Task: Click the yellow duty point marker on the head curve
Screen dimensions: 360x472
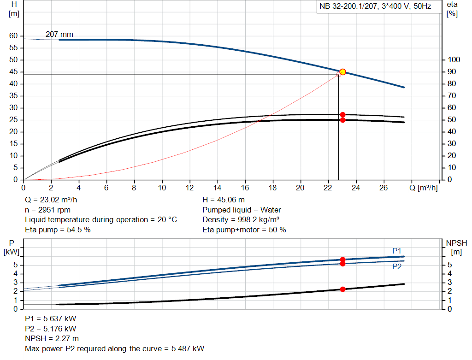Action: [x=342, y=72]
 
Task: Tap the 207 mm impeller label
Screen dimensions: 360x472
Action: [x=59, y=34]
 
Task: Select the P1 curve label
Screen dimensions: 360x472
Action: [x=397, y=250]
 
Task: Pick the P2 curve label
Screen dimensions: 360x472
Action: [x=397, y=266]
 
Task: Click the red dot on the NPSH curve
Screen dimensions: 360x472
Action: [x=342, y=289]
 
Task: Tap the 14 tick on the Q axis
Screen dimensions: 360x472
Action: [x=217, y=188]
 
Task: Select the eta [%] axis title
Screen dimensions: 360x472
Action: [x=452, y=9]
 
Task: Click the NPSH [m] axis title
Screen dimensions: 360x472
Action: [x=456, y=247]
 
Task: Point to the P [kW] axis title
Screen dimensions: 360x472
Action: [x=11, y=247]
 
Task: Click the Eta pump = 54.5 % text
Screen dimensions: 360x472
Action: [x=58, y=230]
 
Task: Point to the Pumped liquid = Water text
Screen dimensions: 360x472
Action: [x=242, y=210]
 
